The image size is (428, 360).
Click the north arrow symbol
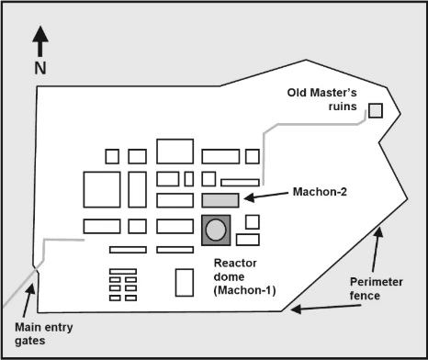40,41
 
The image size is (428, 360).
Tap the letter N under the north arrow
40,68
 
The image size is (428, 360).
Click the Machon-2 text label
320,192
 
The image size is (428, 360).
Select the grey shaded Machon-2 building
220,200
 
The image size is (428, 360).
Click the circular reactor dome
216,230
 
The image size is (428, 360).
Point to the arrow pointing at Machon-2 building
266,196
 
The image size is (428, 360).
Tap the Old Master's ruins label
322,99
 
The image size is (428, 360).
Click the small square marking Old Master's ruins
376,110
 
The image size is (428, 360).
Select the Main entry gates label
44,334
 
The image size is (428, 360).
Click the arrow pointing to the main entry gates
28,300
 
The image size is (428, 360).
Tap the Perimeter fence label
377,288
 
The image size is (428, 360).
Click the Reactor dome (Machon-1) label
244,276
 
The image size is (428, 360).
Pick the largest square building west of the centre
102,189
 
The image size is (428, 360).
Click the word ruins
343,107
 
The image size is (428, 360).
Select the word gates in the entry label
30,341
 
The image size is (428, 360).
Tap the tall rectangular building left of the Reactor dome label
185,283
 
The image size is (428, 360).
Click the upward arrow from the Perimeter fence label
377,249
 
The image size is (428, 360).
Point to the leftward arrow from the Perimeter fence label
326,308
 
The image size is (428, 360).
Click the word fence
365,296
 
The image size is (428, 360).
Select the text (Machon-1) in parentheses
244,290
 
